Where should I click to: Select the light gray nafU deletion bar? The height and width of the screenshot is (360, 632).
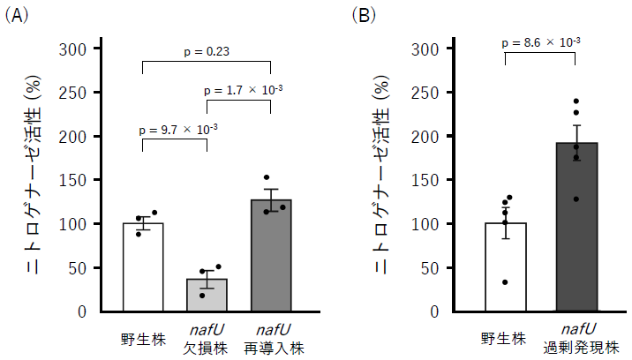(207, 295)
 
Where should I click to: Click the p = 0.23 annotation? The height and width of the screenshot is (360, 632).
(206, 52)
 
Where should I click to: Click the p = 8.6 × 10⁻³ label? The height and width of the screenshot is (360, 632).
(540, 41)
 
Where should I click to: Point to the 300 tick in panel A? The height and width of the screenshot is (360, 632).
(72, 49)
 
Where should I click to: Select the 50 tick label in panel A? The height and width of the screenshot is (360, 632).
(77, 268)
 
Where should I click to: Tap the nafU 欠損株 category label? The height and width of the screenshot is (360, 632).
(207, 338)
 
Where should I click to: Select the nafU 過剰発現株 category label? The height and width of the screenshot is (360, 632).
(576, 338)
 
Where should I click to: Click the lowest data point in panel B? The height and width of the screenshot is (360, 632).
(506, 282)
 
